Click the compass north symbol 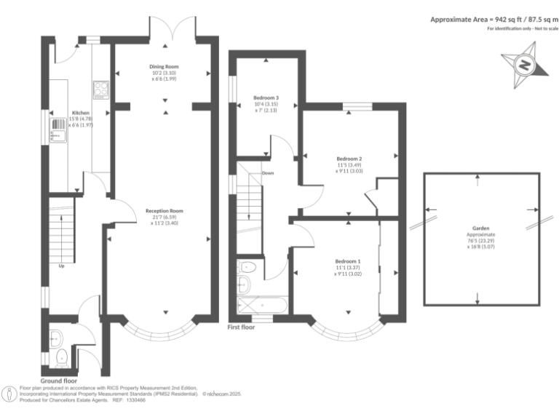(523, 65)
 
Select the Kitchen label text (80, 113)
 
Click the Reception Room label (164, 211)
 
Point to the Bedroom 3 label (266, 97)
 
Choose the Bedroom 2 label (349, 159)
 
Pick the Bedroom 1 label (347, 261)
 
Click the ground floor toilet (63, 356)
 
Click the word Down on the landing (268, 173)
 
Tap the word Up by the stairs (62, 266)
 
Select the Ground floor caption (59, 380)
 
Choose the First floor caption (241, 327)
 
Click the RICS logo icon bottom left (10, 394)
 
